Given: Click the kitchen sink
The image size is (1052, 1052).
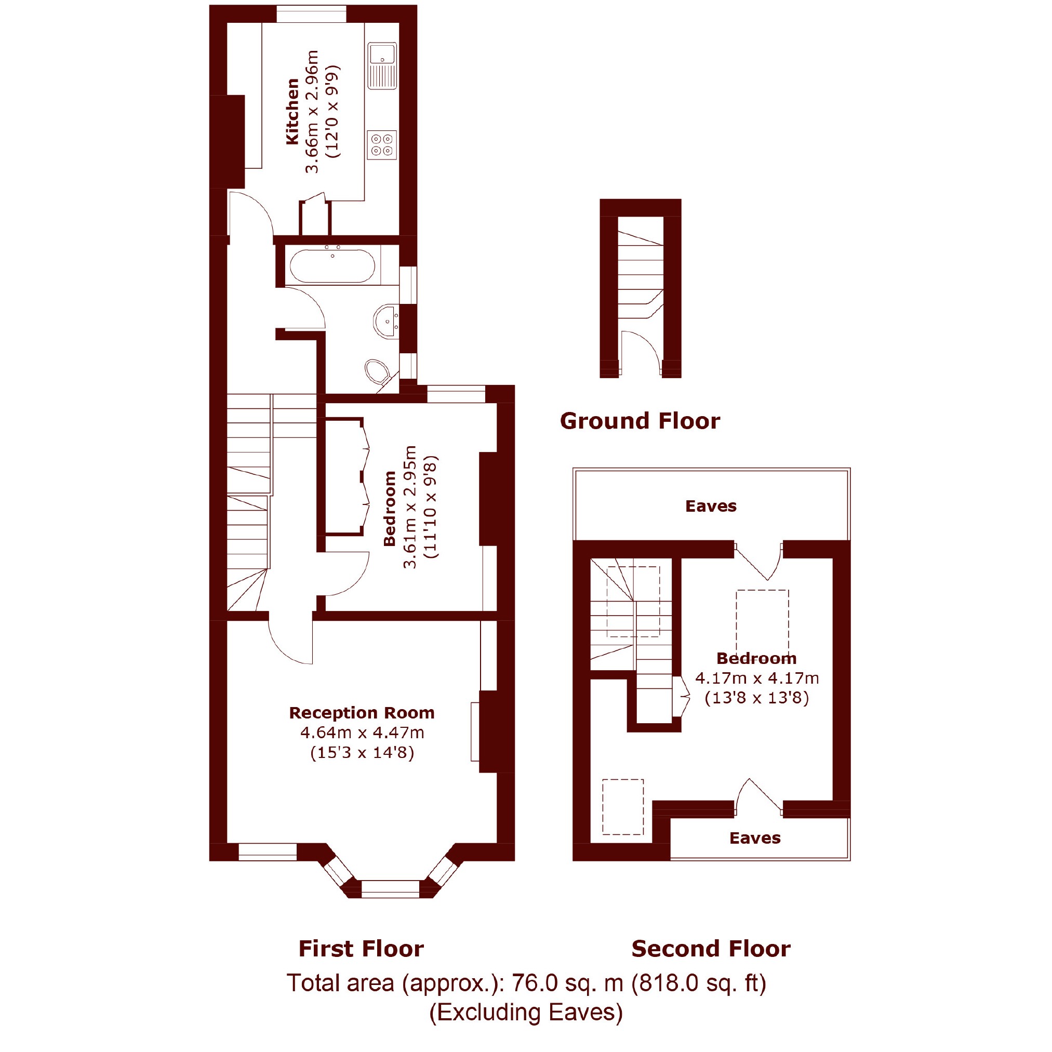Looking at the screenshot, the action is [382, 66].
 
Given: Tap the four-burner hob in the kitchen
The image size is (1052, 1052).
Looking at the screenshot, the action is [382, 145].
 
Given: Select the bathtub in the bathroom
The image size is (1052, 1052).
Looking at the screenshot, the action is [332, 265].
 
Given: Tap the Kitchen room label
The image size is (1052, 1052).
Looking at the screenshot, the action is [293, 112].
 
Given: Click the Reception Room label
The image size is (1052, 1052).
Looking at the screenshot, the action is [362, 713].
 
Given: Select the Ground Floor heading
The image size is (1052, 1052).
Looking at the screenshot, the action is [640, 421].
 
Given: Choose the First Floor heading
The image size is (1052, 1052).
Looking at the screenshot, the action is [361, 949].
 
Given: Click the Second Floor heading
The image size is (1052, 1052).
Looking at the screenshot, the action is [711, 949].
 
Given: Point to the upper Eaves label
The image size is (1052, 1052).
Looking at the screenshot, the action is [711, 507].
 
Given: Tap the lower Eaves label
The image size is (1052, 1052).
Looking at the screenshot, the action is [755, 838].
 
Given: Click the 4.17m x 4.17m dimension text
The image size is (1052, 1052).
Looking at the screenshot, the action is [757, 678].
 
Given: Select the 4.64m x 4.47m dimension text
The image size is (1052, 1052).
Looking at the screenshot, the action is [362, 733].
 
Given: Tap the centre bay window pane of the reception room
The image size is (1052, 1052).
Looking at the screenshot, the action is [391, 888].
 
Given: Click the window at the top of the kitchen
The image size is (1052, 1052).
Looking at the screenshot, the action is [311, 14].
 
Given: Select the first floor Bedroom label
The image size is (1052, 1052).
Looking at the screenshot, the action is [389, 509].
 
